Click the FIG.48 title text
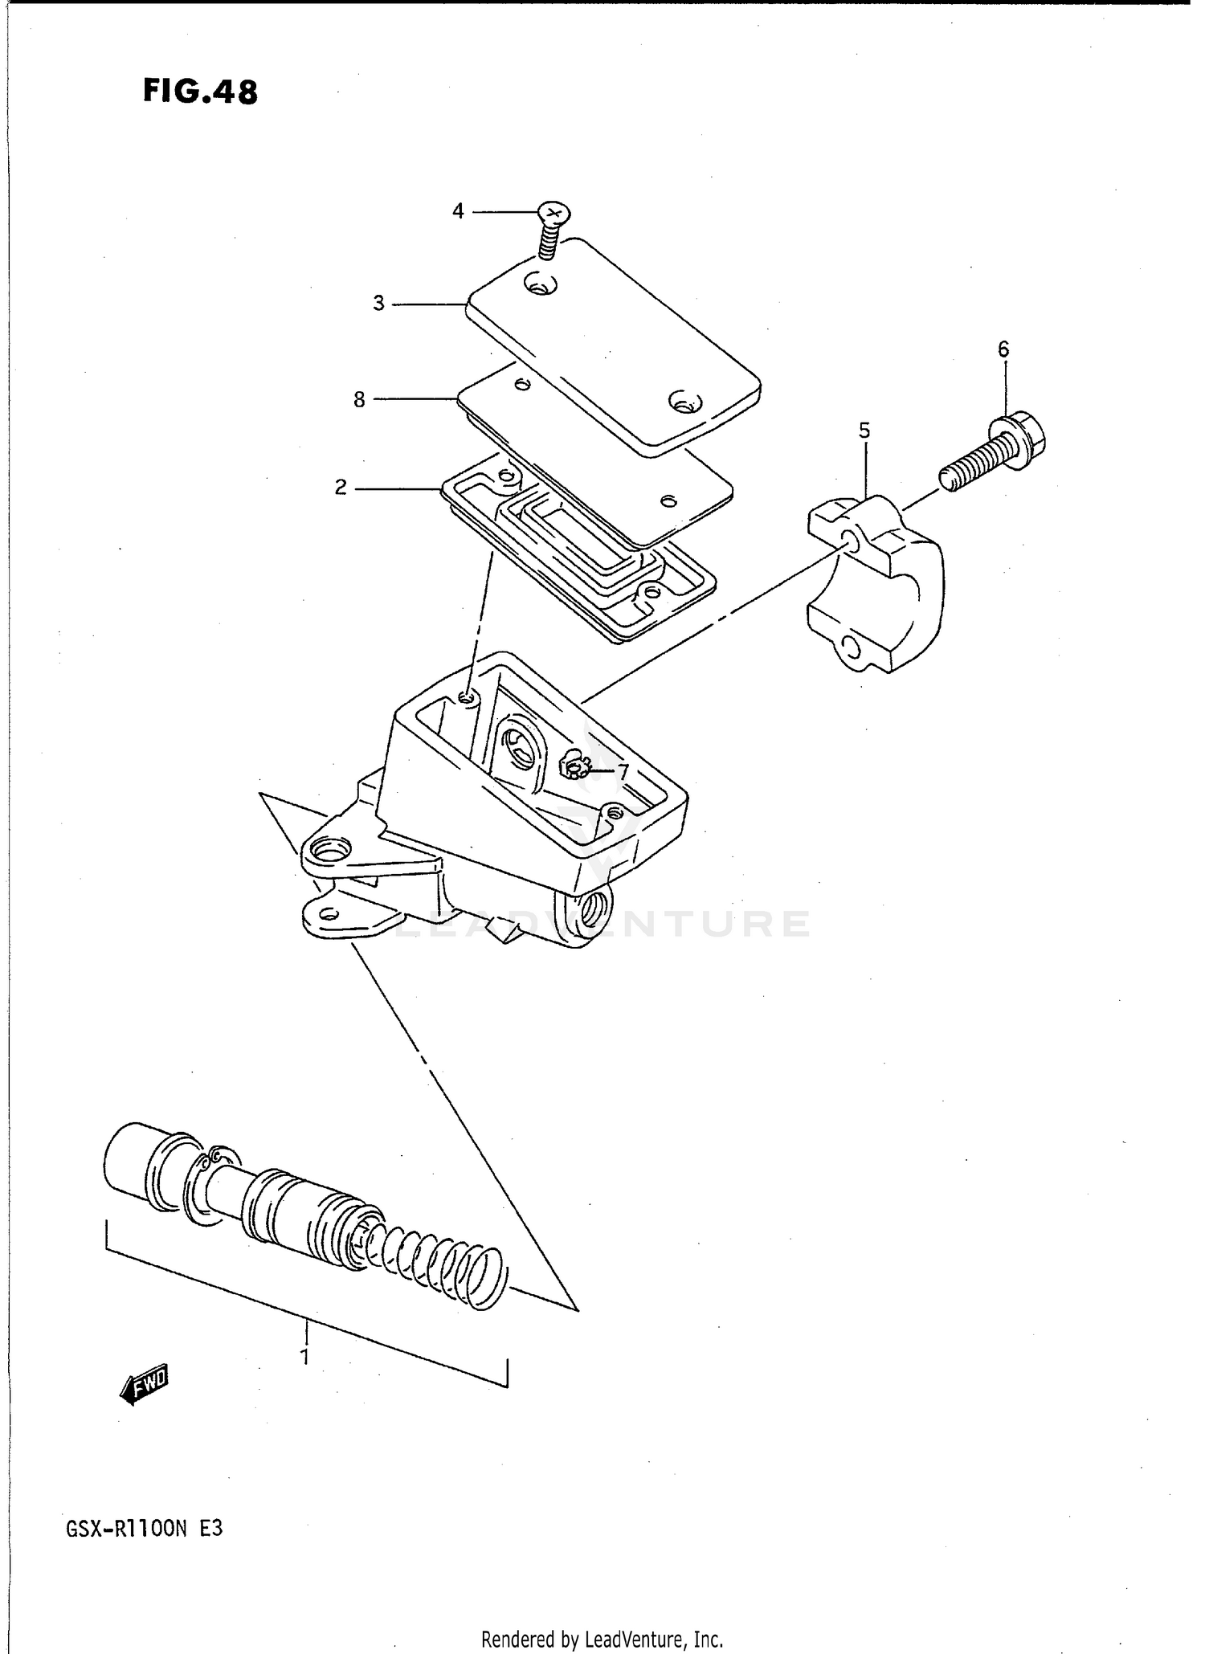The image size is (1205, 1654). pos(200,92)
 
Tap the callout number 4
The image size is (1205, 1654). pos(458,211)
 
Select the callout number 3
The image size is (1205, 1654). pos(378,304)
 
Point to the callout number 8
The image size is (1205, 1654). pos(359,399)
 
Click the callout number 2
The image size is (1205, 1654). pos(341,488)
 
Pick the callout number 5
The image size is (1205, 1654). pos(864,431)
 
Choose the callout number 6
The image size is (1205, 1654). pos(1003,349)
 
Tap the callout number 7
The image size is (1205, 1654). pos(622,772)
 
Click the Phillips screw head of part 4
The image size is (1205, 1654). pos(553,213)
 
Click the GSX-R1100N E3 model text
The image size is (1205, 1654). pos(144,1529)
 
